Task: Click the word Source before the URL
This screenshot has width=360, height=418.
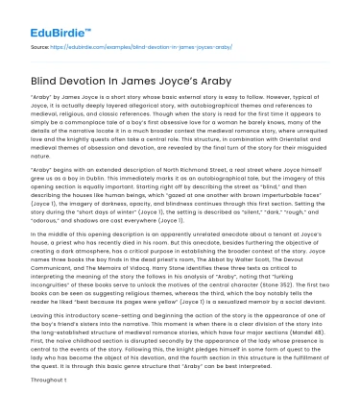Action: (39, 46)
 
